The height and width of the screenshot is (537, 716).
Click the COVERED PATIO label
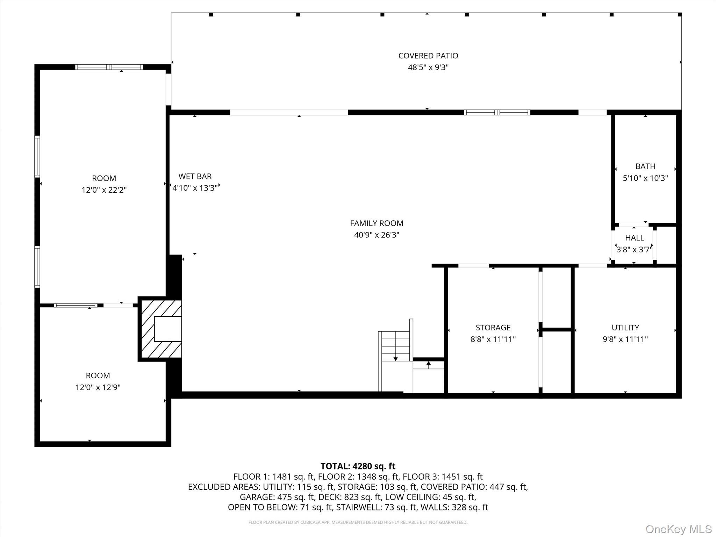[x=428, y=56]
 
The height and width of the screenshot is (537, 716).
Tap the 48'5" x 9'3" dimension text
[x=428, y=67]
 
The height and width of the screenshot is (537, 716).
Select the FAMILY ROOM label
[x=377, y=223]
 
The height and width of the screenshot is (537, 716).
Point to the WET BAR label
[x=195, y=176]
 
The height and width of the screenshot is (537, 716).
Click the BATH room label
[x=645, y=166]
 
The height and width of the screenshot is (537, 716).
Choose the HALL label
[x=634, y=238]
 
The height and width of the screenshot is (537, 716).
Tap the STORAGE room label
[x=493, y=328]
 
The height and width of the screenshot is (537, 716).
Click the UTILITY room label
[x=625, y=328]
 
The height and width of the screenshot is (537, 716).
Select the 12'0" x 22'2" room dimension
[x=104, y=190]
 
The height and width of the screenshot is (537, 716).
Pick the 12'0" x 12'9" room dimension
[x=98, y=387]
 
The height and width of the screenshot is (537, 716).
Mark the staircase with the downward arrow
[x=395, y=346]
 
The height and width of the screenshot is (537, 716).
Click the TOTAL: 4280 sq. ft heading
[x=358, y=466]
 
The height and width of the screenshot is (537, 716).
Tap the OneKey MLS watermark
[x=678, y=529]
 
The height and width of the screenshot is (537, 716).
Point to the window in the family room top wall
[x=497, y=113]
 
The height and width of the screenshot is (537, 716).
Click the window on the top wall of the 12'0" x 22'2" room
[x=109, y=67]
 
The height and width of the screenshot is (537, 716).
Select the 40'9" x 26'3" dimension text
[x=377, y=235]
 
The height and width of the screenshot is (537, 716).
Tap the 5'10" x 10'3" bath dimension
[x=645, y=178]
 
